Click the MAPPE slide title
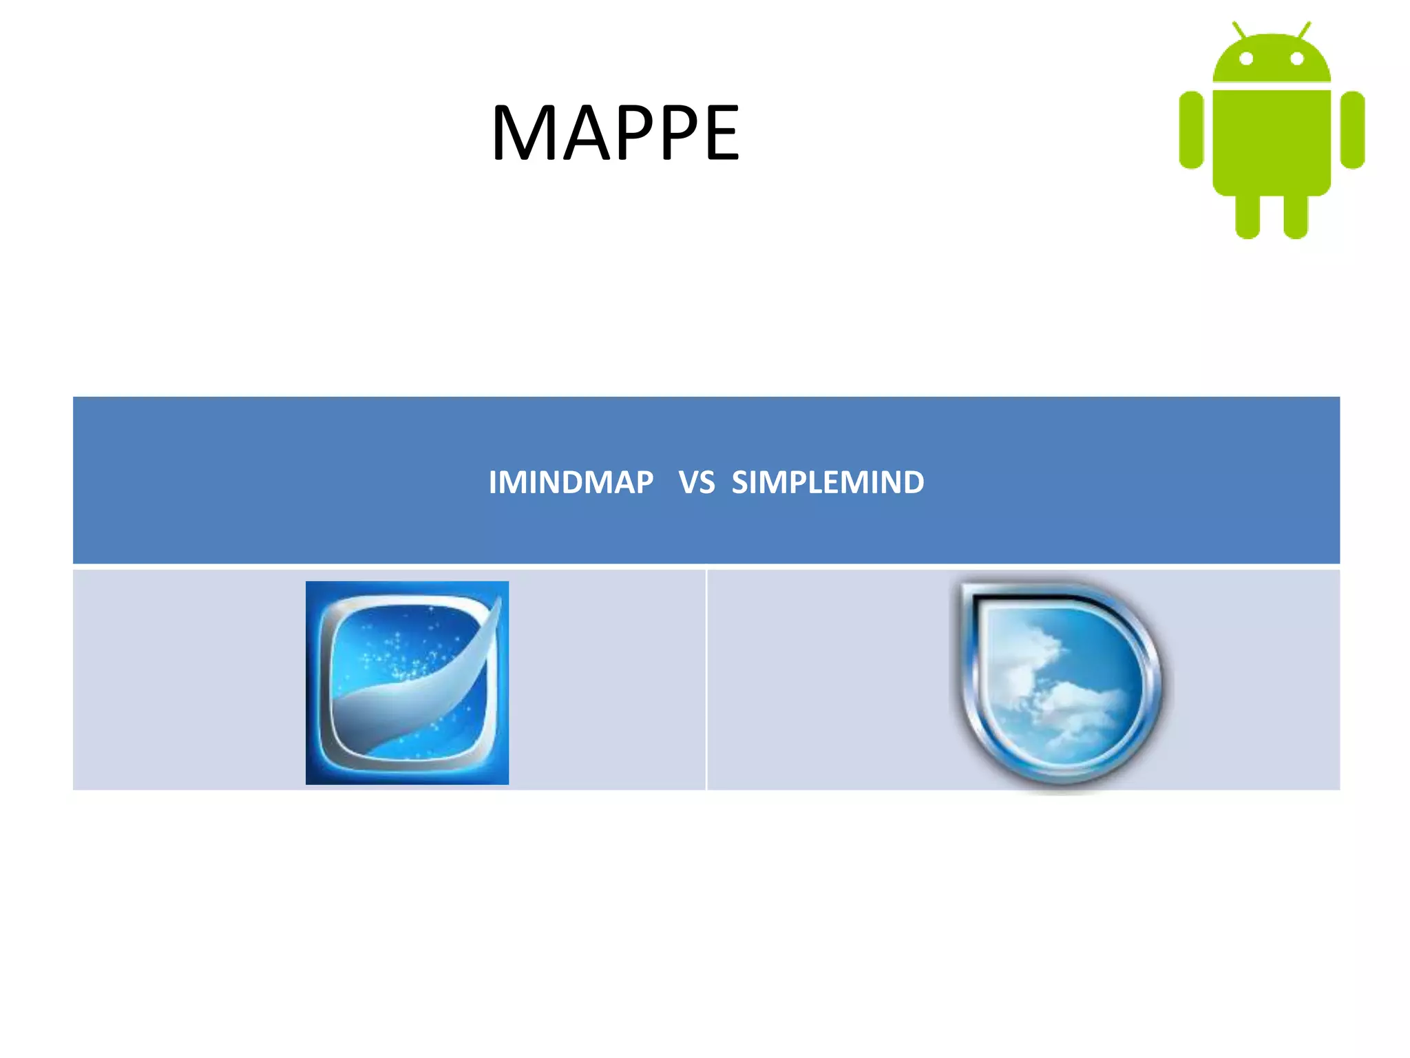[615, 132]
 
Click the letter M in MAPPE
[525, 132]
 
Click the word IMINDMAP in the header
[571, 482]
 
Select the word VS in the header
[697, 482]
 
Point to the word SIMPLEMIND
[828, 482]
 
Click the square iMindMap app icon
[407, 683]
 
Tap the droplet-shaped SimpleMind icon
[1061, 683]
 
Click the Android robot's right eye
[1297, 59]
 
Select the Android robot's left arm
[1191, 129]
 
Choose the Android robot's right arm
[1353, 129]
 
